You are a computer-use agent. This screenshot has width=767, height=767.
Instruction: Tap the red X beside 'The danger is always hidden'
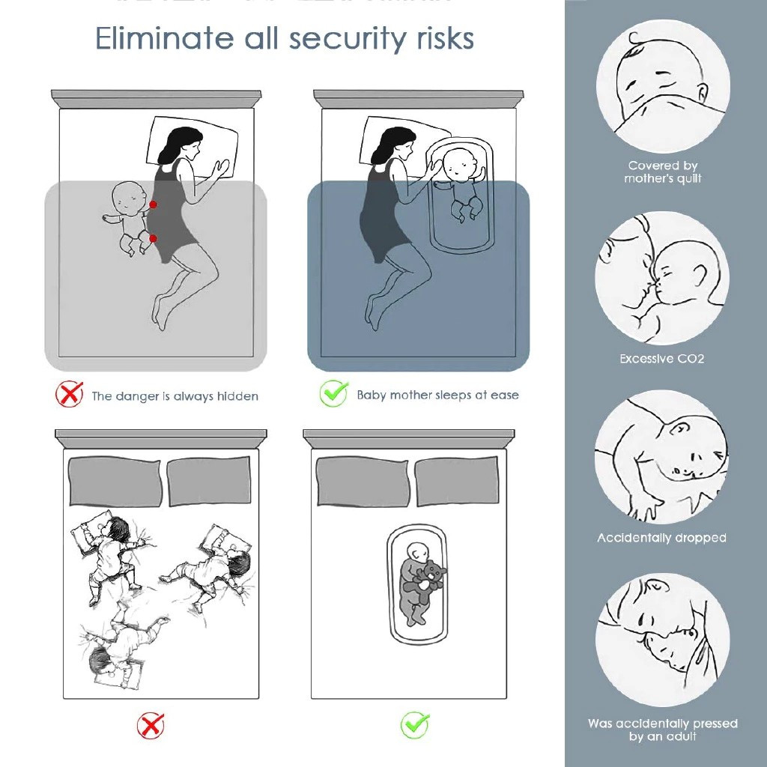pyautogui.click(x=69, y=394)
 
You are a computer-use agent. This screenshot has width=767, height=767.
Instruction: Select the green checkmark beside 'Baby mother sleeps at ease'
pyautogui.click(x=333, y=393)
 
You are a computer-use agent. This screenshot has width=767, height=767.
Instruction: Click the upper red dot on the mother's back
pyautogui.click(x=153, y=204)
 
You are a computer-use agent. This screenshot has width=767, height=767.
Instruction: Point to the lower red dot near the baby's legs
pyautogui.click(x=153, y=238)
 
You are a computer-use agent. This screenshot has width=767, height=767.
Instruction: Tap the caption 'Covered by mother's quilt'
pyautogui.click(x=663, y=172)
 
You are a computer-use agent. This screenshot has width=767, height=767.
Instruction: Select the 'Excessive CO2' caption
pyautogui.click(x=662, y=359)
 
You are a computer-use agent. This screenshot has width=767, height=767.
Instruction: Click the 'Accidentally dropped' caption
pyautogui.click(x=661, y=538)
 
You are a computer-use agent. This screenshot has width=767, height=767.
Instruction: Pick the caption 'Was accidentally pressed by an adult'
pyautogui.click(x=663, y=730)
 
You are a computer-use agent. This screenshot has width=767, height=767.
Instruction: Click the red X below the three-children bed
pyautogui.click(x=151, y=725)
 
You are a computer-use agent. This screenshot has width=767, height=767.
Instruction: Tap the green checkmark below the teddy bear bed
pyautogui.click(x=414, y=724)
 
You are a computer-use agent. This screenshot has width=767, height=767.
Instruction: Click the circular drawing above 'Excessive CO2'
pyautogui.click(x=662, y=277)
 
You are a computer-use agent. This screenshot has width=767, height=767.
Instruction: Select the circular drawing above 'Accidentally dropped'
pyautogui.click(x=662, y=457)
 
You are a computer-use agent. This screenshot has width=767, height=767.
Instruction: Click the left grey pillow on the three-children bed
pyautogui.click(x=115, y=482)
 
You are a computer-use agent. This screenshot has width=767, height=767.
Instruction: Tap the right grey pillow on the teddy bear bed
pyautogui.click(x=456, y=481)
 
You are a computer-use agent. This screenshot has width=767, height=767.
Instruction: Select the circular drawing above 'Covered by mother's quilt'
pyautogui.click(x=662, y=86)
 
